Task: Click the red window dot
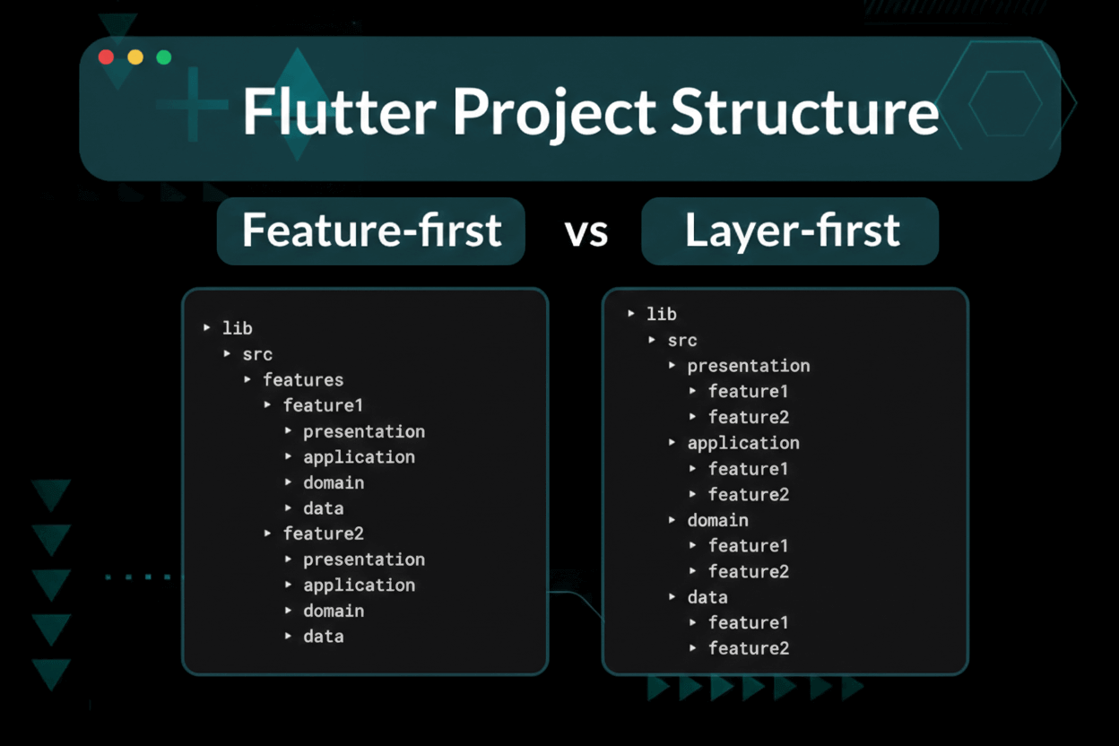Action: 106,57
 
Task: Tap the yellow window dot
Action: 135,57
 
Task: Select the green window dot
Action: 164,57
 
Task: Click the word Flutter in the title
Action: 338,112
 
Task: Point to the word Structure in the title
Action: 804,112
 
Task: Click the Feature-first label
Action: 370,230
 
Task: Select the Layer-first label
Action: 791,230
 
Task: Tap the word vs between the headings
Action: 586,232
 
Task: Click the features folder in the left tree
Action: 302,379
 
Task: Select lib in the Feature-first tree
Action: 237,328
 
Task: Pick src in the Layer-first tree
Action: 681,340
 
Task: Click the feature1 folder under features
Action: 323,405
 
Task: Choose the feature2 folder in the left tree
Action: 323,533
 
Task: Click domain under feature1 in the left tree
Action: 333,482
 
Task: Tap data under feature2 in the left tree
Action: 323,636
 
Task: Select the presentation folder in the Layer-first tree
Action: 748,366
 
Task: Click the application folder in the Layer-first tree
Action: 742,443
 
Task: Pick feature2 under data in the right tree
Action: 748,648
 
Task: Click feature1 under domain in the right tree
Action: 748,545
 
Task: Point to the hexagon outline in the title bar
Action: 1005,103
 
